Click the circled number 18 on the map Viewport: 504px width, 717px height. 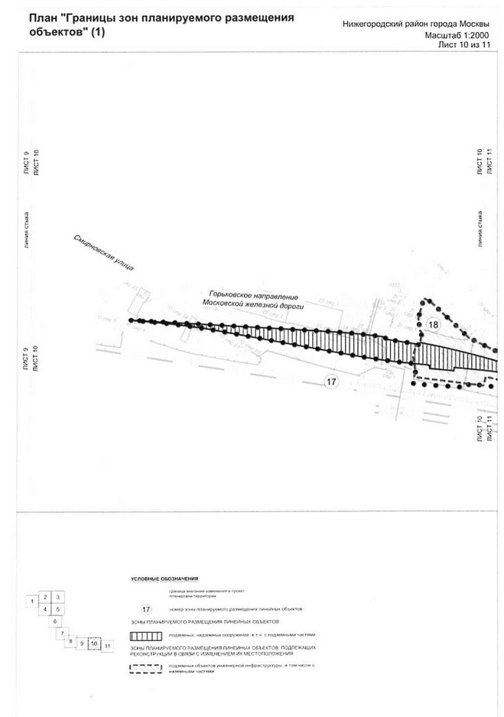click(434, 324)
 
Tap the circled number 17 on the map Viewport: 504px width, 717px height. click(330, 382)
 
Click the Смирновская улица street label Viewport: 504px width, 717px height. click(104, 252)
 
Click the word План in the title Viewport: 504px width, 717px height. click(42, 17)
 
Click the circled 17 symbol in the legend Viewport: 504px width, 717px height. click(148, 609)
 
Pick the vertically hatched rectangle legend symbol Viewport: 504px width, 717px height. click(148, 635)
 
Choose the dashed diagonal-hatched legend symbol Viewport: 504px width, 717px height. click(148, 668)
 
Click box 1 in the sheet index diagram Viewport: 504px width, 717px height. click(31, 602)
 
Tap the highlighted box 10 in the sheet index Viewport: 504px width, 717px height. click(93, 644)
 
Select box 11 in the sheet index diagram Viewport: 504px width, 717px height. click(108, 646)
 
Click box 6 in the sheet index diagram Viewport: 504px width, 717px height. click(55, 621)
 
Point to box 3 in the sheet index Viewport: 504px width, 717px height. click(58, 596)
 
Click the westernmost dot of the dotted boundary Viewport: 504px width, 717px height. click(131, 320)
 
